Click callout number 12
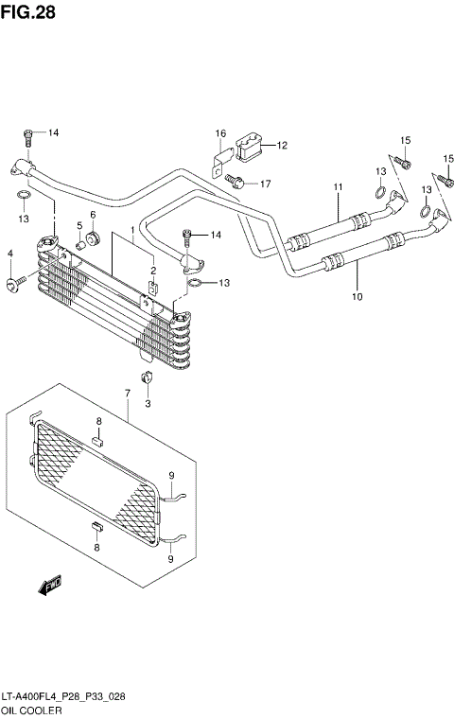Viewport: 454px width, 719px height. coord(282,145)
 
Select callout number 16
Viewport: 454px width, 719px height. coord(219,132)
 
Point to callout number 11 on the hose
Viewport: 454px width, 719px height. coord(336,186)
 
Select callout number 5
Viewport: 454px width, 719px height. coord(80,225)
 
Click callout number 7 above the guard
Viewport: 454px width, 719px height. coord(128,392)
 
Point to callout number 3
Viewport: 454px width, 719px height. coord(147,404)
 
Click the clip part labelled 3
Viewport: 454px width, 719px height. coord(147,381)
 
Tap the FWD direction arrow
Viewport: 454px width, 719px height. coord(49,588)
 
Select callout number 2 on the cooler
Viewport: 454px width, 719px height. coord(151,272)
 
